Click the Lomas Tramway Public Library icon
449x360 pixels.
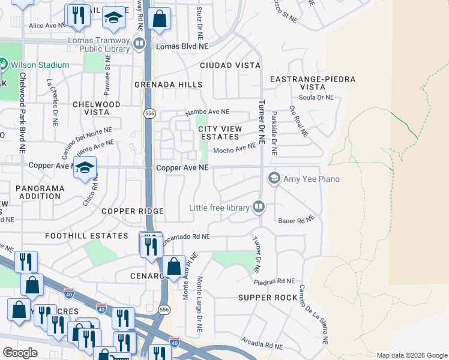coord(139,43)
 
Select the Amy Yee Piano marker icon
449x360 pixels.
coord(274,178)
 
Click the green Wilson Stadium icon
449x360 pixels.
coord(2,64)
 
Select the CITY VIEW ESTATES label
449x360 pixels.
coord(220,133)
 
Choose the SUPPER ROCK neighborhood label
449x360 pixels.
coord(267,298)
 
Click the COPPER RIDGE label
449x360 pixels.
coord(133,211)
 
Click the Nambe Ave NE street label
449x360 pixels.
coord(207,112)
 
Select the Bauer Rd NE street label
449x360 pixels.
coord(296,221)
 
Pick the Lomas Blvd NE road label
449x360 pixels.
coord(182,46)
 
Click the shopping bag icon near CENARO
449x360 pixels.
coord(173,266)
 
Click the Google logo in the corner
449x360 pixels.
coord(20,353)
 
